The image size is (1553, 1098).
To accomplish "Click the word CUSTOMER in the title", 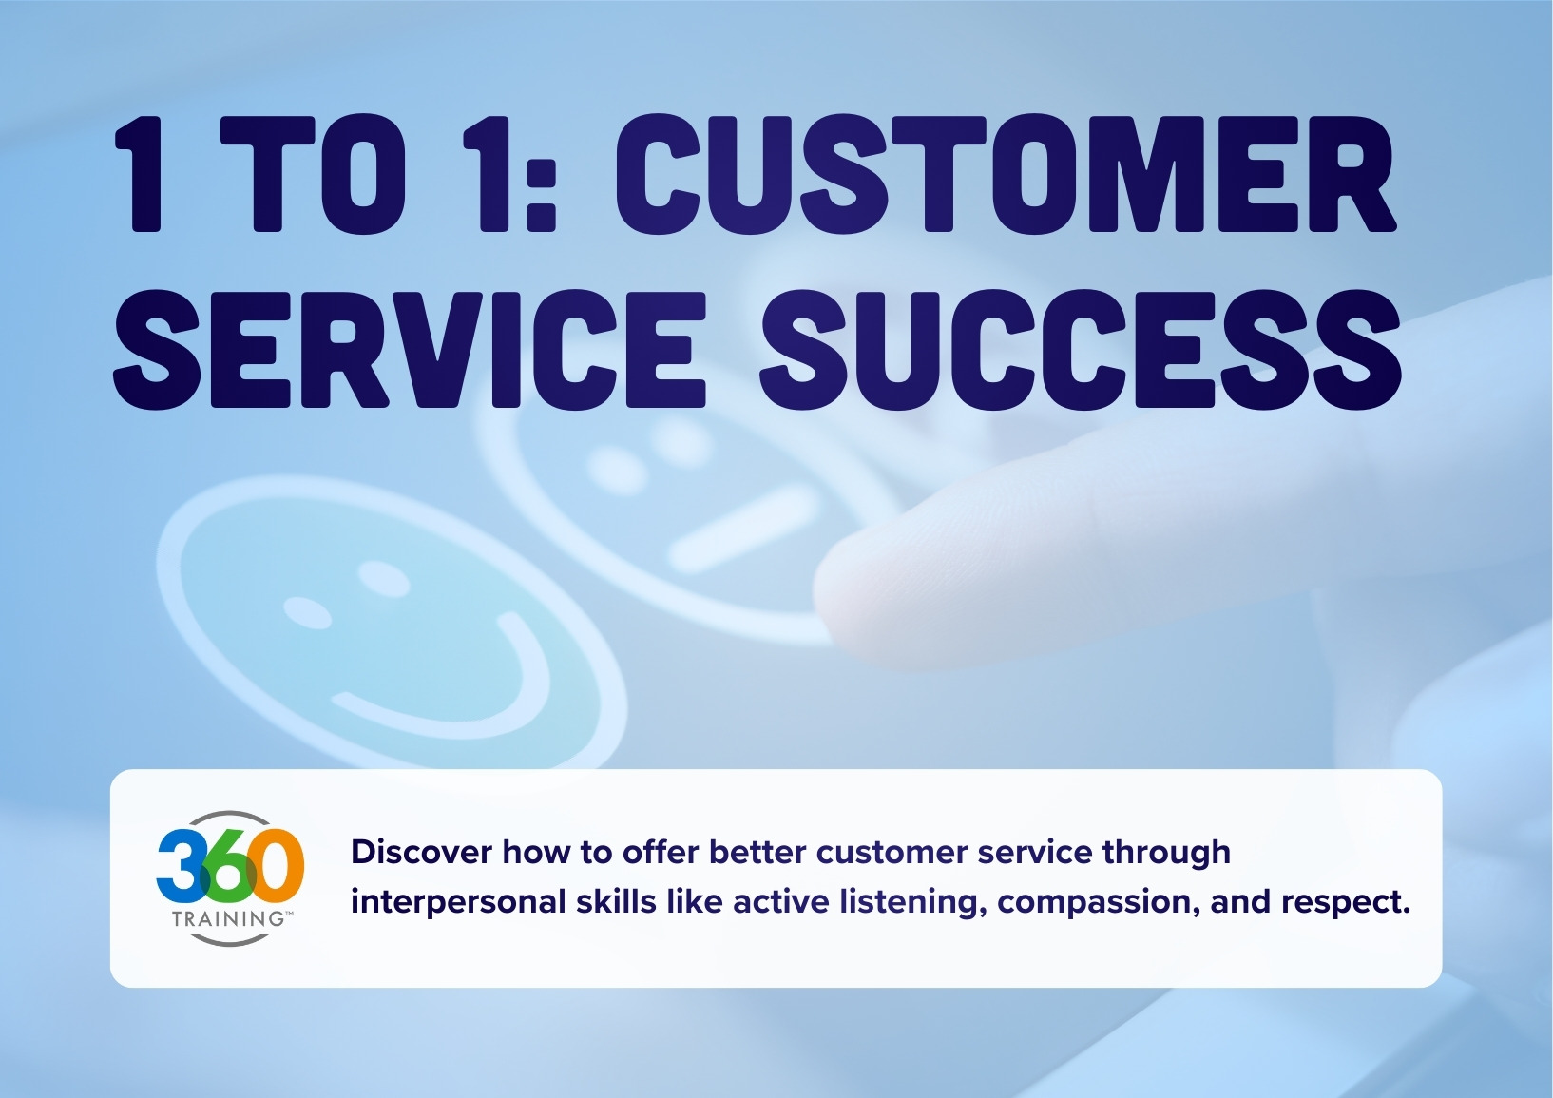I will (1006, 176).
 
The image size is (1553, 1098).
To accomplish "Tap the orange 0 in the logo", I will (279, 866).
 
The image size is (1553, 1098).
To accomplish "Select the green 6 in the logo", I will (228, 866).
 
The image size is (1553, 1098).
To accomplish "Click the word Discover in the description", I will (421, 852).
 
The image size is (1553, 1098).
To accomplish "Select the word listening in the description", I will (912, 901).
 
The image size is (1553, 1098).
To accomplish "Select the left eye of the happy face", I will (308, 613).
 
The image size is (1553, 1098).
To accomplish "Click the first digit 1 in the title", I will (143, 176).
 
